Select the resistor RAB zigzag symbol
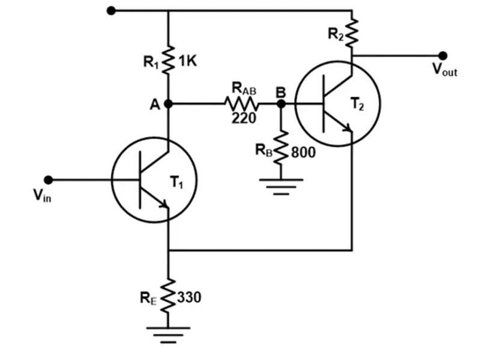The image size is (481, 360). [x=242, y=103]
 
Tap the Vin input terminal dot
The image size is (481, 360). [x=49, y=180]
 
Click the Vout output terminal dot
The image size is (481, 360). [x=443, y=55]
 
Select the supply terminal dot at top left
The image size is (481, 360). [x=110, y=10]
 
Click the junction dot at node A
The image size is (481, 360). [x=168, y=103]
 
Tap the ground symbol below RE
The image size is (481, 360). [x=169, y=332]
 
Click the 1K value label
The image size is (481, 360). [x=188, y=61]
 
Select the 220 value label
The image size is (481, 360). [x=244, y=118]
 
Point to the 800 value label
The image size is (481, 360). [x=304, y=152]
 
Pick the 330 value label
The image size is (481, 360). [x=190, y=297]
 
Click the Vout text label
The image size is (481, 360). [x=444, y=70]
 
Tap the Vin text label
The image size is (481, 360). [x=41, y=197]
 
